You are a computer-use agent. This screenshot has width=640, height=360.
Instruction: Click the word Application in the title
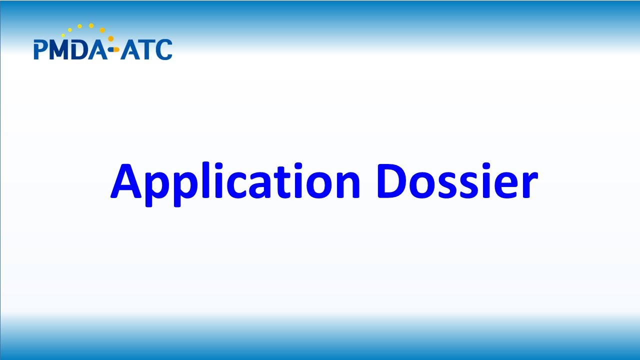(235, 181)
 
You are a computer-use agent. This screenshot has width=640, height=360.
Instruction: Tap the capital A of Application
(127, 181)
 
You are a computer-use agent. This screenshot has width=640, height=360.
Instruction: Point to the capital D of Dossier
(394, 181)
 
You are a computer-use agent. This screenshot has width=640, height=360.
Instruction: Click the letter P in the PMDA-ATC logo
(40, 50)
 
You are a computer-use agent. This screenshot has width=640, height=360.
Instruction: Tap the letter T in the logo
(145, 50)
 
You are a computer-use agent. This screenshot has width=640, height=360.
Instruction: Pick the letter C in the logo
(163, 50)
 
